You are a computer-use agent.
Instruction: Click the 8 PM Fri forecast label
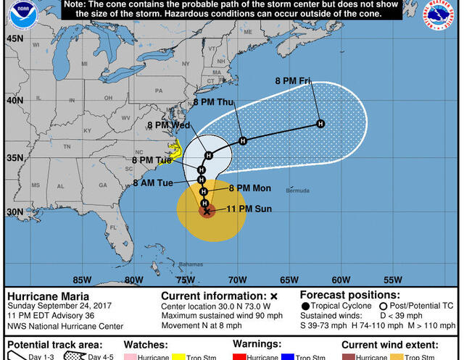[293, 80]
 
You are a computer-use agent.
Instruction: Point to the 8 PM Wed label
[168, 125]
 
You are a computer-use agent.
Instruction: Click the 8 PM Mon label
[249, 188]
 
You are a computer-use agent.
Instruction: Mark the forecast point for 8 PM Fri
[320, 125]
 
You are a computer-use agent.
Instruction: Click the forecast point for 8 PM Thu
[243, 141]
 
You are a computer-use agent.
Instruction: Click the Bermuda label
[297, 191]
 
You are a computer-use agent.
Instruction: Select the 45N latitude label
[14, 38]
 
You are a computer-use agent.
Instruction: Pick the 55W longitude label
[392, 280]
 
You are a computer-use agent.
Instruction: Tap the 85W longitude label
[82, 280]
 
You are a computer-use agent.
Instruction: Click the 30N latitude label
[14, 212]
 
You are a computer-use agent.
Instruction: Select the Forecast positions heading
[349, 296]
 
